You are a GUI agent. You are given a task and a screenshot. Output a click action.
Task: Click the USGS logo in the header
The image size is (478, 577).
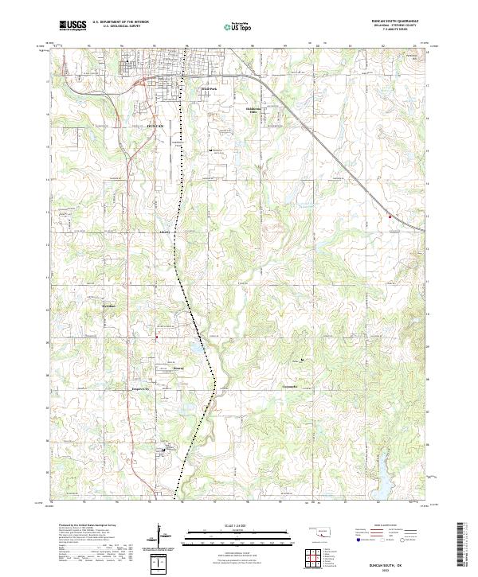(x=72, y=25)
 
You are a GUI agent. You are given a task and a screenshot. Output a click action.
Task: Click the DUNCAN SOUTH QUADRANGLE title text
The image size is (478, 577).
(x=395, y=21)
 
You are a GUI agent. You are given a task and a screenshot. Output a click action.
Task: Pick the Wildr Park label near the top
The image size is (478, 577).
(x=208, y=89)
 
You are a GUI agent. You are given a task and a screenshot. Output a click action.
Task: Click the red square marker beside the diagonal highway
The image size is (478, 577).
(x=390, y=216)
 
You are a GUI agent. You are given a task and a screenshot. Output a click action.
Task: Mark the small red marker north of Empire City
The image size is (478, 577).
(x=157, y=337)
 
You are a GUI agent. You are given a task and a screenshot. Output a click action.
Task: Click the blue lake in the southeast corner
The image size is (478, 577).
(x=381, y=478)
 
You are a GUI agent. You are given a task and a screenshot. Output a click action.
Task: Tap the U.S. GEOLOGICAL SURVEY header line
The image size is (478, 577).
(x=119, y=26)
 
